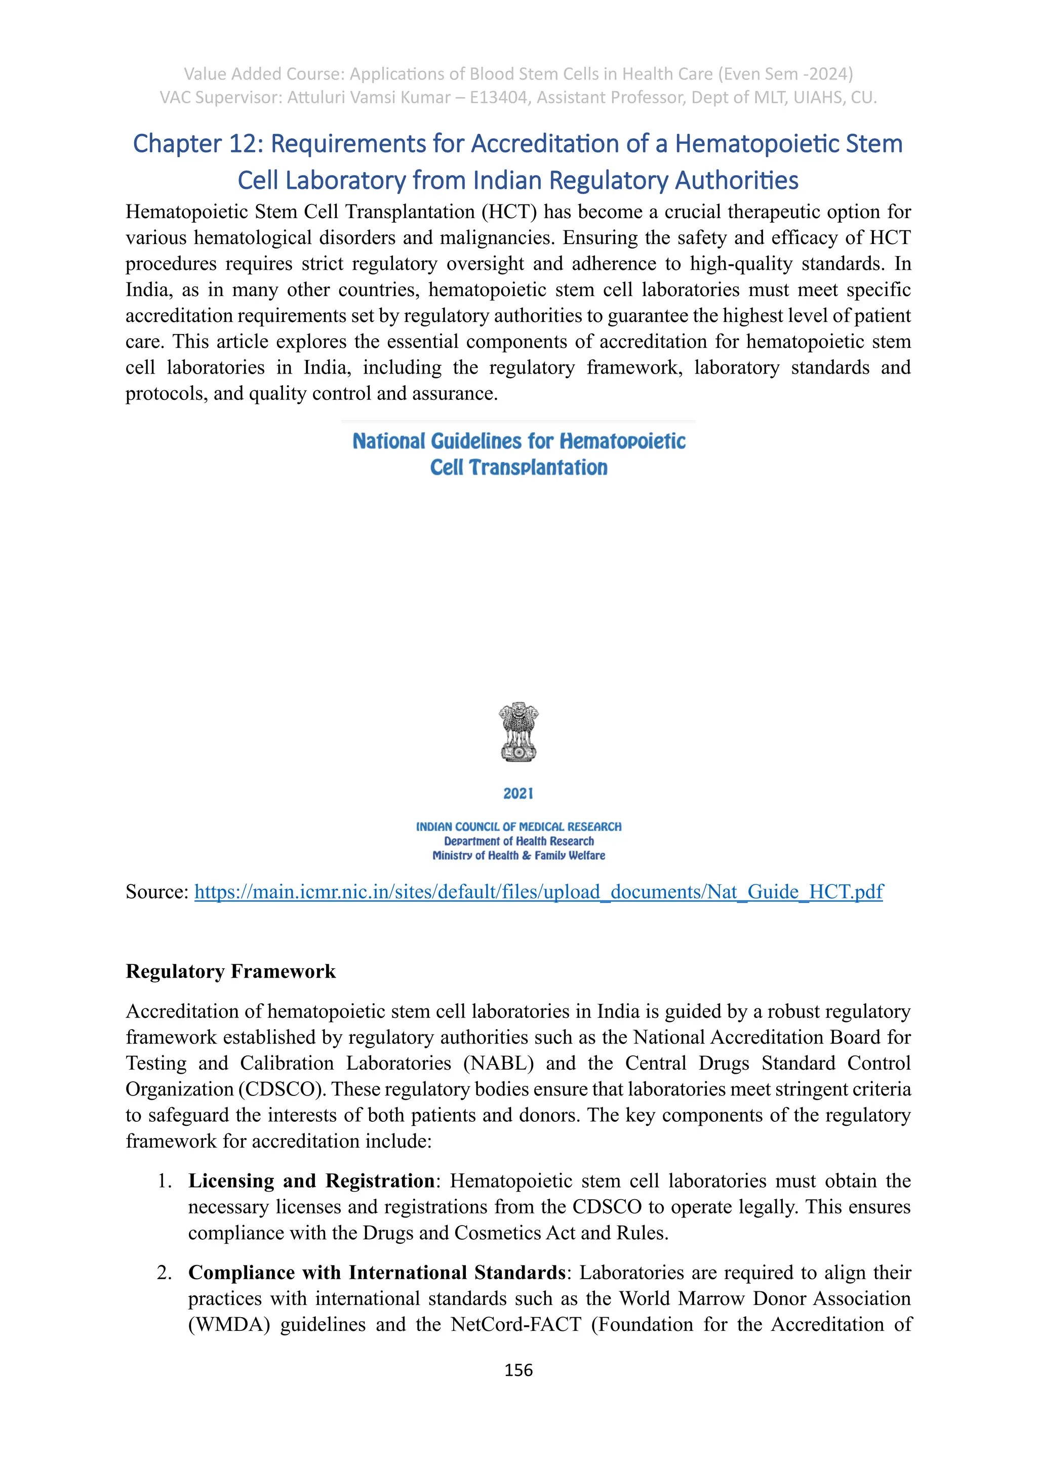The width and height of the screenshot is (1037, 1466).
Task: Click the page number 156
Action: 518,1370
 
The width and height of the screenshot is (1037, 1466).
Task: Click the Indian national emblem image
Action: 518,732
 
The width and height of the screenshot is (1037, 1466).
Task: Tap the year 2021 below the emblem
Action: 518,794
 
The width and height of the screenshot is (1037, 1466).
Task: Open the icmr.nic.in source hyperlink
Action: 538,892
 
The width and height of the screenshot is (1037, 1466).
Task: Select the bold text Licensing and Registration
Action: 311,1180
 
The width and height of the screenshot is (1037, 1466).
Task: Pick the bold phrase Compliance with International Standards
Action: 377,1273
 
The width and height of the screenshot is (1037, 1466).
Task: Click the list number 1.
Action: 164,1181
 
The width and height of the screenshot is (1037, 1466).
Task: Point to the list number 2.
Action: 164,1273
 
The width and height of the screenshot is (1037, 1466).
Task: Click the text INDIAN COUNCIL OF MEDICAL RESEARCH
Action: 518,827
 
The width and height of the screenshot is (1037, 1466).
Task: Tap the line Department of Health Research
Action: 518,841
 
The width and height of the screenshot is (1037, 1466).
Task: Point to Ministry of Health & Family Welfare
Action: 518,856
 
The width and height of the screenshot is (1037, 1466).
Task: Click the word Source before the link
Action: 156,892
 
